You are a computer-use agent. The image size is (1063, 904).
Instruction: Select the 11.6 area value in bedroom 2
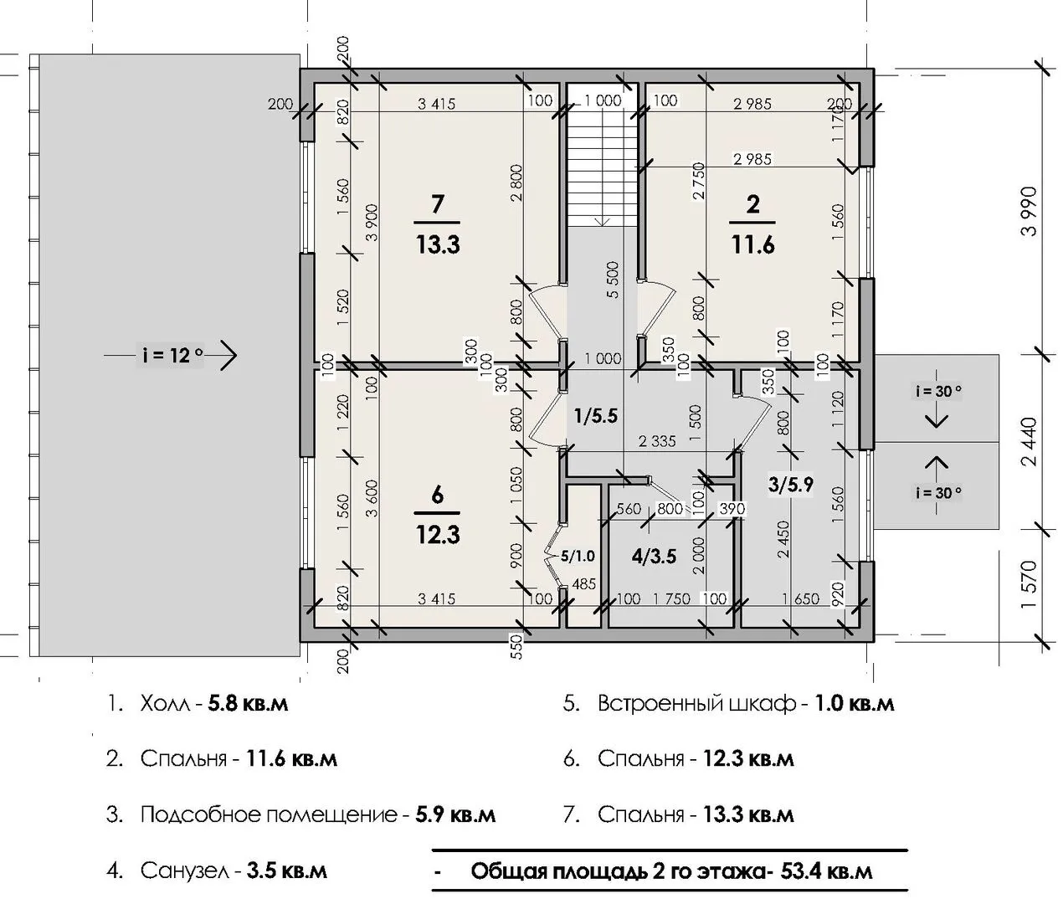pos(753,244)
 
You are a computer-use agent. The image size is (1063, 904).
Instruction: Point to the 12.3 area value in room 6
pos(438,535)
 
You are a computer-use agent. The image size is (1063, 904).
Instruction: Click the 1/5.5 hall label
pos(596,415)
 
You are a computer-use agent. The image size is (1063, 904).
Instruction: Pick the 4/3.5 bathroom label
pos(654,557)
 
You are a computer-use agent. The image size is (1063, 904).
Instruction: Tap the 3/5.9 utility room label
pos(790,485)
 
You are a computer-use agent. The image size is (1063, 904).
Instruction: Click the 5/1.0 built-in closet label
pos(577,556)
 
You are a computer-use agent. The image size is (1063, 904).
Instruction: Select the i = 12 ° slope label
pos(172,355)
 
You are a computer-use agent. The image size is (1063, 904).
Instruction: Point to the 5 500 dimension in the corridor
pos(614,280)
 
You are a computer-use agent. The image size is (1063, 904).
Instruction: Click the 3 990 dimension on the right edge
pos(1029,211)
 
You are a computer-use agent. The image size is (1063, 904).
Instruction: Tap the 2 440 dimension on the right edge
pos(1029,442)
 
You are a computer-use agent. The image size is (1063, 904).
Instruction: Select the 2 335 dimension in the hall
pos(657,441)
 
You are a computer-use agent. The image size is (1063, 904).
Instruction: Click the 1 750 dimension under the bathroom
pos(671,599)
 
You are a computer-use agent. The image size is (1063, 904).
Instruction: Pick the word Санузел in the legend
pos(185,871)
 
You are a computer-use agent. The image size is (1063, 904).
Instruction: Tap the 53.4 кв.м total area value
pos(827,871)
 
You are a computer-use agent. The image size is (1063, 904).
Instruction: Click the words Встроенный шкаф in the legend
pos(696,704)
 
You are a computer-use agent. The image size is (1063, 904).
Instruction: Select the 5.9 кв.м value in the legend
pos(455,815)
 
